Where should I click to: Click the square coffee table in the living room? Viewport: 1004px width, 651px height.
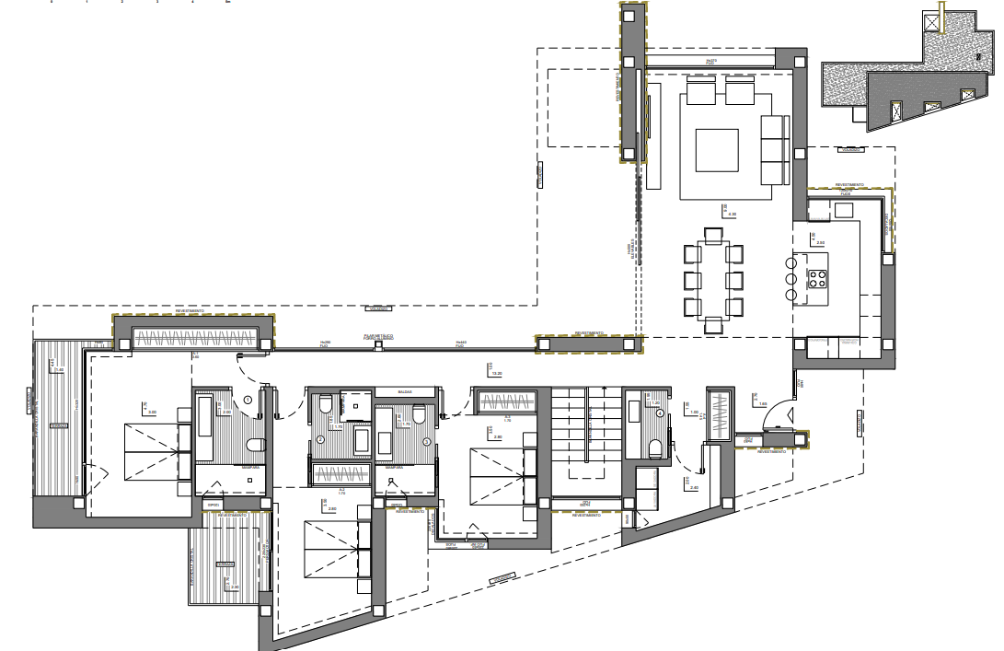tap(717, 150)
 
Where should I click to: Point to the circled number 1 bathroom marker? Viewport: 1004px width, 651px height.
tap(248, 400)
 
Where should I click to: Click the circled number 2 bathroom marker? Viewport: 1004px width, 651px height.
tap(321, 440)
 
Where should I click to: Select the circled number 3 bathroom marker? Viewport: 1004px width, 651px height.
tap(426, 441)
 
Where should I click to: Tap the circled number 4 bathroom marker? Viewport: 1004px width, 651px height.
tap(661, 413)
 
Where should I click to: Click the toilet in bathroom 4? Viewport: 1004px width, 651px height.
tap(656, 448)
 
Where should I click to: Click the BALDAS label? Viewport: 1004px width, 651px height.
tap(405, 392)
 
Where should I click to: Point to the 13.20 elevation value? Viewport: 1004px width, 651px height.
tap(497, 374)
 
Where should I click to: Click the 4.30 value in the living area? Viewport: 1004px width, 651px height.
tap(732, 215)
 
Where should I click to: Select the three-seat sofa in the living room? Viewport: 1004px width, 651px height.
tap(775, 150)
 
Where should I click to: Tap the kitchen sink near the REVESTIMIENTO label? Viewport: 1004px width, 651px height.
tap(845, 210)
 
